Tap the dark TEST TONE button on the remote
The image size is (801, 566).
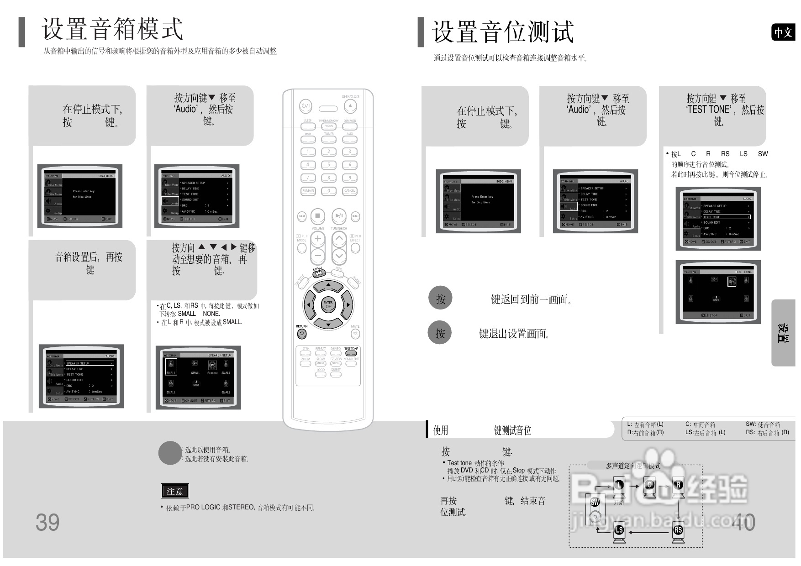[351, 353]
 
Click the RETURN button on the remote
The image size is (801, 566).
[302, 334]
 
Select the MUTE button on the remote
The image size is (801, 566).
[355, 334]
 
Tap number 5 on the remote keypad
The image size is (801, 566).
[329, 165]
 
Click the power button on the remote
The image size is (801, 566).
[306, 106]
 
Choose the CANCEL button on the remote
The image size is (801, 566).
[349, 191]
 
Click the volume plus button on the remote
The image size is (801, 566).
[318, 238]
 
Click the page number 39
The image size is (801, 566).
[47, 523]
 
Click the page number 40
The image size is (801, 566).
[743, 523]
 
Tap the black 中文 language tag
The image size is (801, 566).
[783, 32]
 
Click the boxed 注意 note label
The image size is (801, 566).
[175, 491]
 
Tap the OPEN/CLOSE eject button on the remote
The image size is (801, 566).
[350, 106]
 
